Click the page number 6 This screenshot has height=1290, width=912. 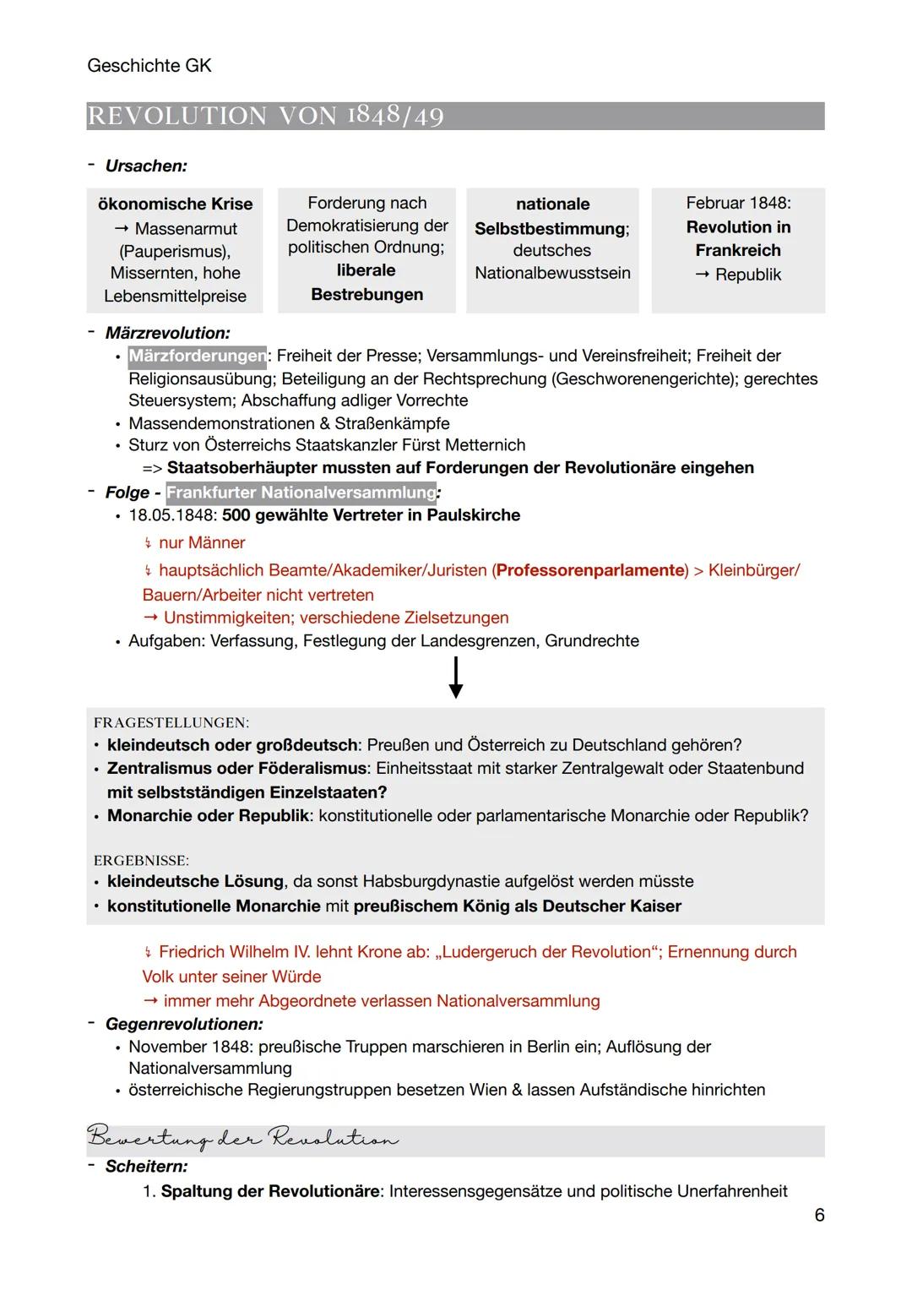click(819, 1215)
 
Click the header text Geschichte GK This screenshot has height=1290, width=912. click(149, 65)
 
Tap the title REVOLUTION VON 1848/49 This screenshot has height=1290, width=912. click(265, 116)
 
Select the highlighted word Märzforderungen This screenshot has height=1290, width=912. click(197, 357)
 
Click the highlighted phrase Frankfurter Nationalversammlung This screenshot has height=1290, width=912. click(301, 493)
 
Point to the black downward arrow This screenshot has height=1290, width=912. click(456, 678)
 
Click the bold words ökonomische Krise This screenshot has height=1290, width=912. click(175, 204)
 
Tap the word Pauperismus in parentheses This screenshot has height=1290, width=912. click(175, 251)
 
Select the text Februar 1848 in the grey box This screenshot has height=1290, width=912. click(738, 203)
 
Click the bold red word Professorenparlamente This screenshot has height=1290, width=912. click(591, 570)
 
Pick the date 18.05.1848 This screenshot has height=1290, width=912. click(172, 515)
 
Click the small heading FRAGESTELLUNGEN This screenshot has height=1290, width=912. click(171, 723)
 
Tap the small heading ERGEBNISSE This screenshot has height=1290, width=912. click(141, 861)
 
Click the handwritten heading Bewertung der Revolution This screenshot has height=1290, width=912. click(242, 1140)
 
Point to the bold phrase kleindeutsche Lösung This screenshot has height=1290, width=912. click(195, 882)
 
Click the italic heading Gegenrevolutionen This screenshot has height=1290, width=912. click(184, 1024)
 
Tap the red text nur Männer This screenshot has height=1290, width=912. click(202, 543)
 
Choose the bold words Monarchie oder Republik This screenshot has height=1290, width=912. click(208, 816)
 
